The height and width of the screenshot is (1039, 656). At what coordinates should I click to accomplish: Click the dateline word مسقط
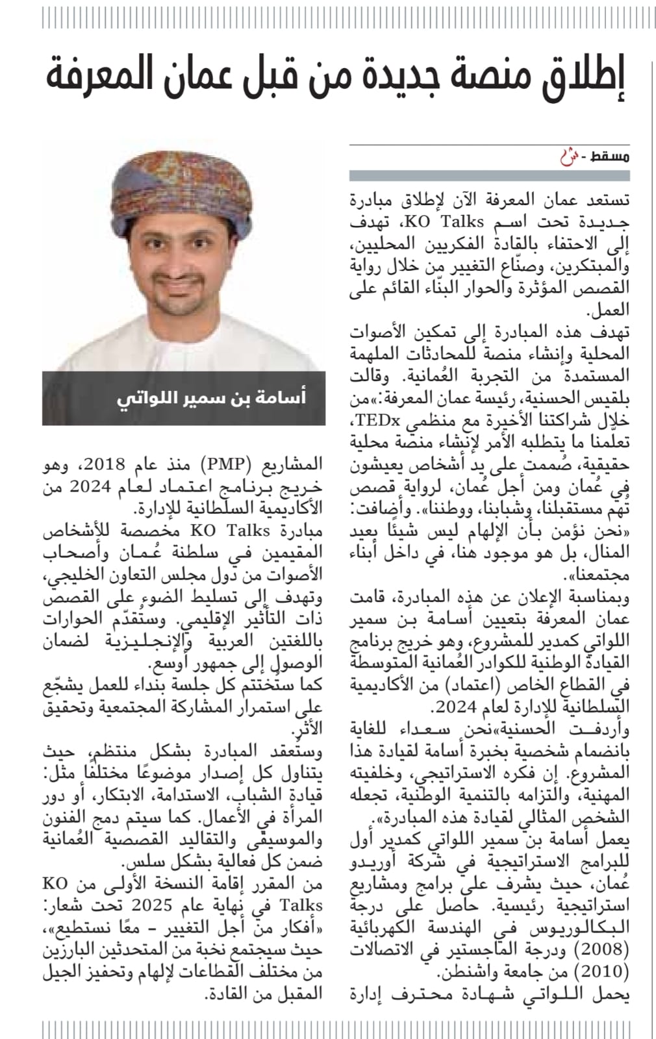pyautogui.click(x=613, y=156)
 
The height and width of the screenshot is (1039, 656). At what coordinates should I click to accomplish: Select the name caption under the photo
pyautogui.click(x=211, y=397)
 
